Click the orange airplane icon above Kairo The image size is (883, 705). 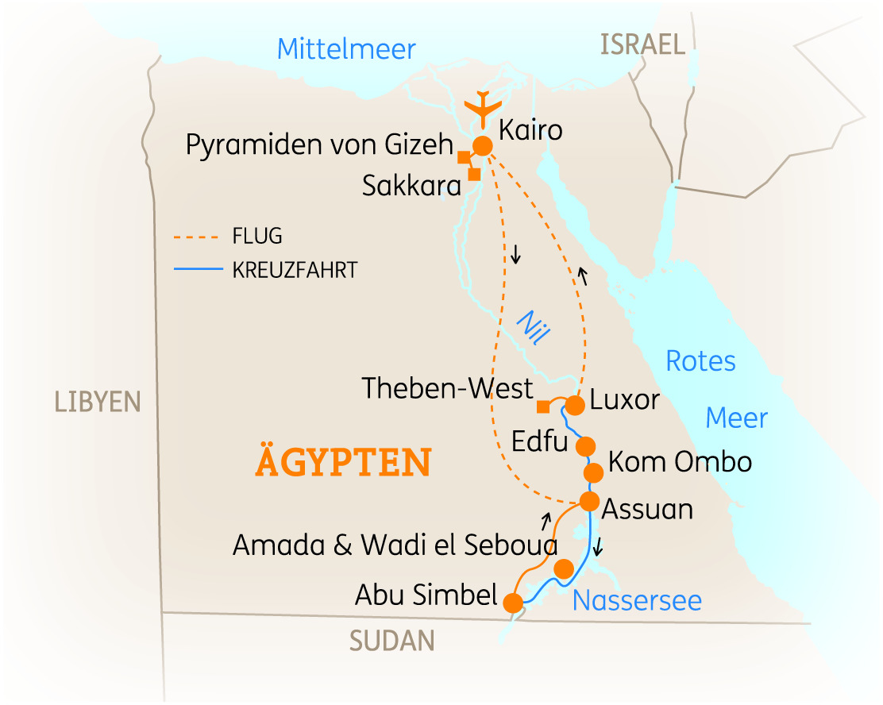click(x=482, y=108)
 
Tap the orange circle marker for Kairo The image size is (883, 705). click(x=482, y=146)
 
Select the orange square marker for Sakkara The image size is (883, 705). click(x=474, y=174)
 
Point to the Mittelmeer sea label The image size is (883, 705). click(x=346, y=49)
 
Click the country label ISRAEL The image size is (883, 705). click(x=642, y=45)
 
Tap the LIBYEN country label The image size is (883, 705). click(x=97, y=402)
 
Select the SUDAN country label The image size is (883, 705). click(x=392, y=641)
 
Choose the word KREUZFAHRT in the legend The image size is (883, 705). click(x=295, y=270)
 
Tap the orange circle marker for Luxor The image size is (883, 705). click(x=574, y=405)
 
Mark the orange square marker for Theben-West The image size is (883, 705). click(x=543, y=407)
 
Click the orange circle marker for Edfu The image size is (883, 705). click(x=585, y=445)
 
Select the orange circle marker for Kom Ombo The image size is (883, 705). click(x=593, y=473)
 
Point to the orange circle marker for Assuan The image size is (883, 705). click(x=589, y=502)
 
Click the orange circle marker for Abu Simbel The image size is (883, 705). click(x=513, y=603)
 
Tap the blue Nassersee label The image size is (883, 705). click(x=637, y=600)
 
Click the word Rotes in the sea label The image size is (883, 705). click(x=700, y=361)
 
